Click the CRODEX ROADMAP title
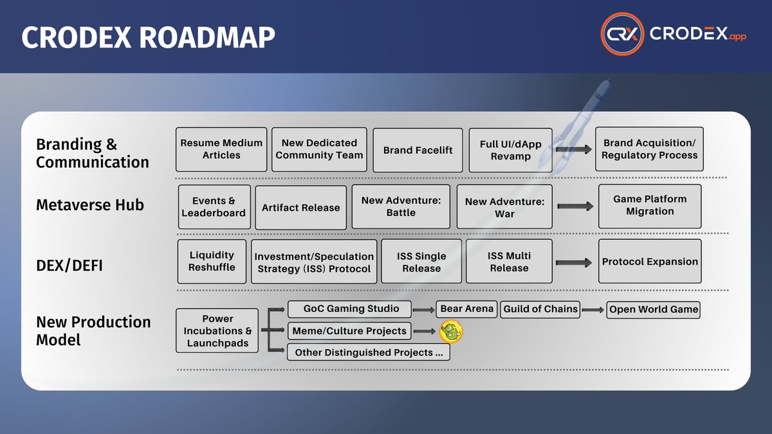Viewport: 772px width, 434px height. (x=149, y=38)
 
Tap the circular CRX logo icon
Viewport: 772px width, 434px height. (x=622, y=35)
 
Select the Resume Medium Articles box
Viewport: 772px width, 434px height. (x=221, y=149)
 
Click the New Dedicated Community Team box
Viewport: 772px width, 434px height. (x=319, y=149)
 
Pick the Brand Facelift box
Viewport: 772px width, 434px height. (x=418, y=150)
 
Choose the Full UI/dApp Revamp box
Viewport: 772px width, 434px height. (x=510, y=150)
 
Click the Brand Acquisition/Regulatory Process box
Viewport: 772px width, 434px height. (x=649, y=149)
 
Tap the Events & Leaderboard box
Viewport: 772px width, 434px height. (x=214, y=206)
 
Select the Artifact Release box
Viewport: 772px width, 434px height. (x=300, y=207)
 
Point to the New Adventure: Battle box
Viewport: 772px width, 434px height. (x=401, y=206)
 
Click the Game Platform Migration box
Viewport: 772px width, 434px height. (x=650, y=206)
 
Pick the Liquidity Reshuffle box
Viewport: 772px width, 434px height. (x=212, y=261)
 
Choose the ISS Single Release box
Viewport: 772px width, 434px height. (x=421, y=262)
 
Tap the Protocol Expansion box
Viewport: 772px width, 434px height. (x=650, y=262)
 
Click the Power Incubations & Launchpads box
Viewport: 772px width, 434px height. (x=217, y=330)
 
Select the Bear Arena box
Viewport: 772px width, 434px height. (x=466, y=309)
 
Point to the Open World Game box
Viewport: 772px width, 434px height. (x=653, y=309)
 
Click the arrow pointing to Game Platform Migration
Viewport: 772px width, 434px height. (x=574, y=206)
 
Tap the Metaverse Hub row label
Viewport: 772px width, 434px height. (x=90, y=205)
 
